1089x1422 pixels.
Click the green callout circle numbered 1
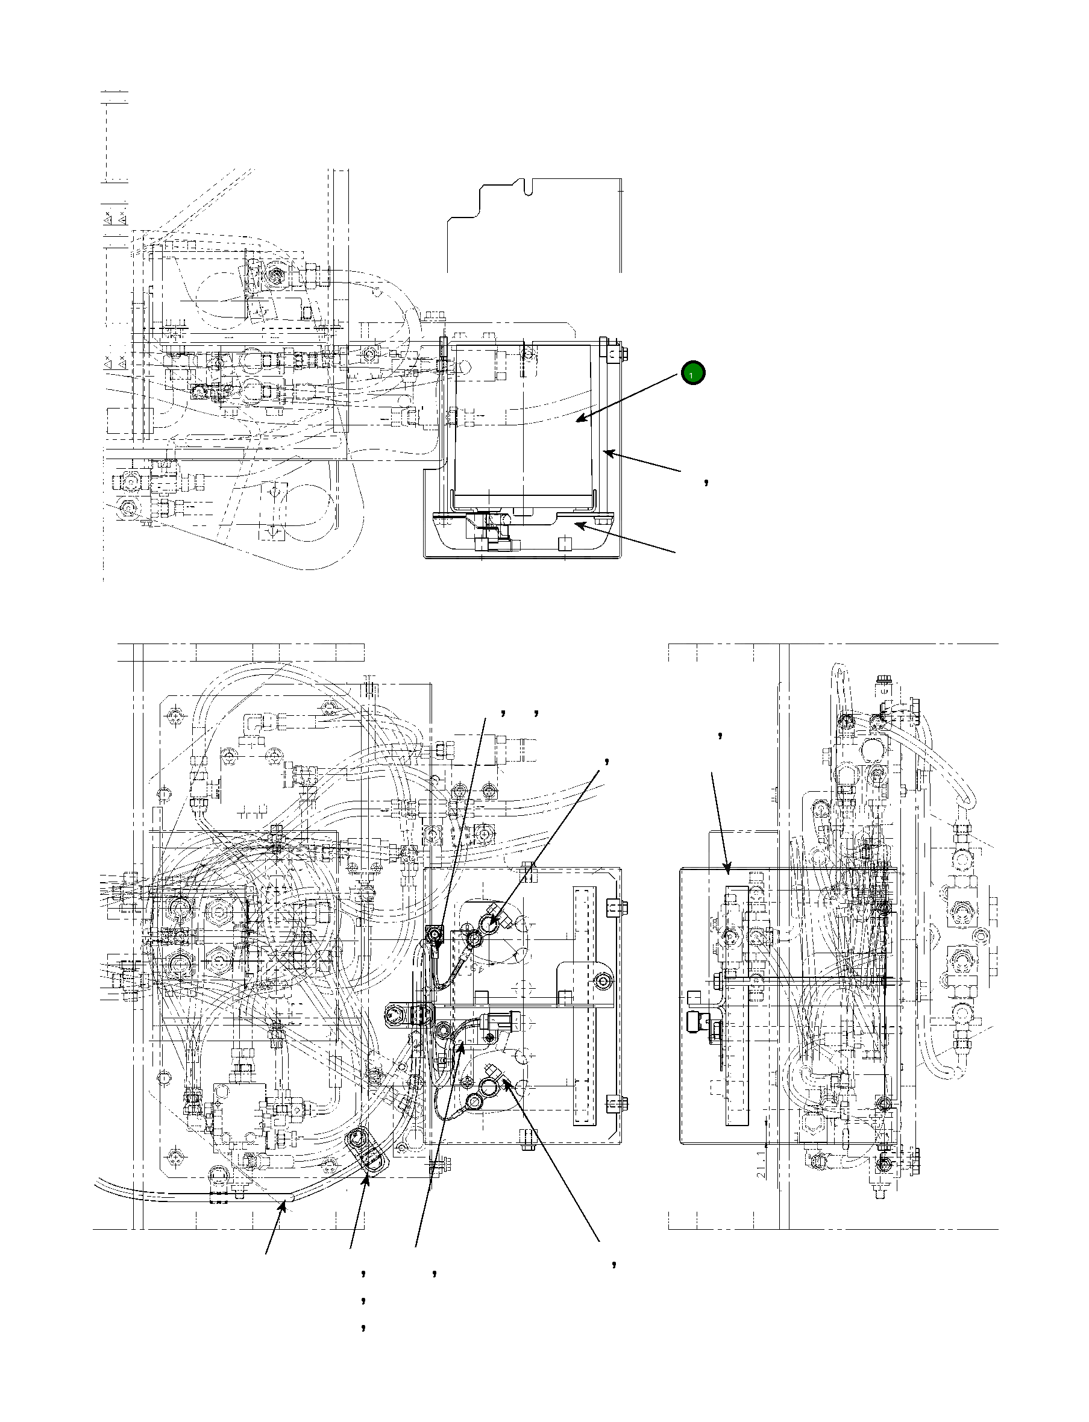click(x=692, y=374)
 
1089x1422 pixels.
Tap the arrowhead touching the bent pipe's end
click(x=283, y=1204)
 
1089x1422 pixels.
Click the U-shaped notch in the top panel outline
click(x=529, y=187)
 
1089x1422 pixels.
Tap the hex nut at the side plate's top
click(x=614, y=354)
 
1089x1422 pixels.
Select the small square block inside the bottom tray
click(x=563, y=542)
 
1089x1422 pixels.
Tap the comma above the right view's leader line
click(x=721, y=736)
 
